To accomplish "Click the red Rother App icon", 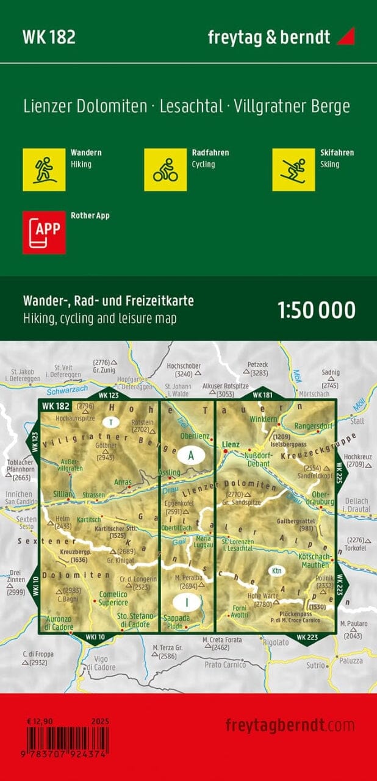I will click(44, 232).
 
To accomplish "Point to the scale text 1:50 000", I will click(316, 310).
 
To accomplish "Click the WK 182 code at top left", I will click(49, 37).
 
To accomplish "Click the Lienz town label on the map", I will click(231, 445).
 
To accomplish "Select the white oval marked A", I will click(190, 455).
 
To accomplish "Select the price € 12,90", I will click(40, 721).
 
